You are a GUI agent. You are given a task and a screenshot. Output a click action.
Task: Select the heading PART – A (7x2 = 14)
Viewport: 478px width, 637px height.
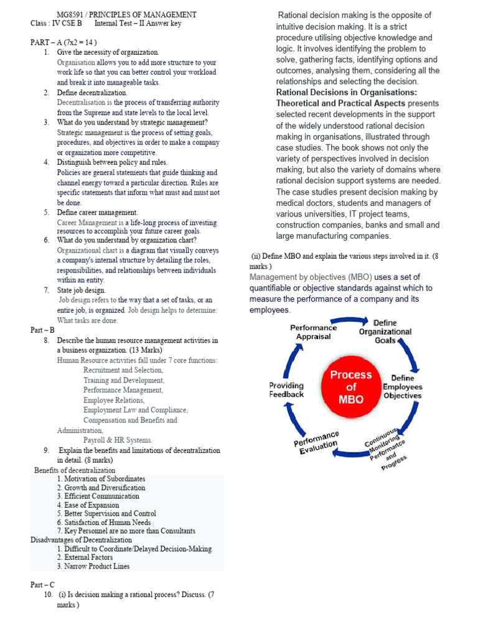[x=63, y=42]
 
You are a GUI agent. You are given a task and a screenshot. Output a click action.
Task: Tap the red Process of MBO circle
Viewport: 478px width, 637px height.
[x=350, y=387]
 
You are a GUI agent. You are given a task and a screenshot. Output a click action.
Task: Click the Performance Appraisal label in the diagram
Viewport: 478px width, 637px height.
[x=313, y=332]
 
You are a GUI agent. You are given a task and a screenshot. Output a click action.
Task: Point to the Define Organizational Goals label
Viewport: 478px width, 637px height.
[x=385, y=332]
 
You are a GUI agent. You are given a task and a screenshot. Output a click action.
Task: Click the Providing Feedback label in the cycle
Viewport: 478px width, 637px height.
[x=286, y=390]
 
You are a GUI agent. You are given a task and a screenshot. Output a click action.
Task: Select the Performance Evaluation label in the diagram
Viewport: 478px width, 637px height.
[x=317, y=442]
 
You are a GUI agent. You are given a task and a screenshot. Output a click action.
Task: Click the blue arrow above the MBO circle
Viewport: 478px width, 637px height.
[x=352, y=321]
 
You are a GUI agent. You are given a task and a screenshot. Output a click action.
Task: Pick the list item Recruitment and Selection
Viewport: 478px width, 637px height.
[x=119, y=370]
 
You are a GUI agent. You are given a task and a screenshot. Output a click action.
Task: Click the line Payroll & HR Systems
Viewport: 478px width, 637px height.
[x=118, y=440]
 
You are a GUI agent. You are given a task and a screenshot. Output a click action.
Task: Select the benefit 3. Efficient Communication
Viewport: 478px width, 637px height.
[x=98, y=496]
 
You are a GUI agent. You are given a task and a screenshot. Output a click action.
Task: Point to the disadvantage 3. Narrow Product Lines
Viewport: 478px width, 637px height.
[x=93, y=566]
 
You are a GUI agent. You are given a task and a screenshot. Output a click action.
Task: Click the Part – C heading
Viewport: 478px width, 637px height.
[x=43, y=585]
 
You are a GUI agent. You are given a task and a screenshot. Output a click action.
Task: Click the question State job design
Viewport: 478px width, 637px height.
[x=81, y=290]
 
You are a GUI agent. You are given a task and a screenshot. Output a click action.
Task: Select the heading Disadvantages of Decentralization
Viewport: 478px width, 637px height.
[x=81, y=540]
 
